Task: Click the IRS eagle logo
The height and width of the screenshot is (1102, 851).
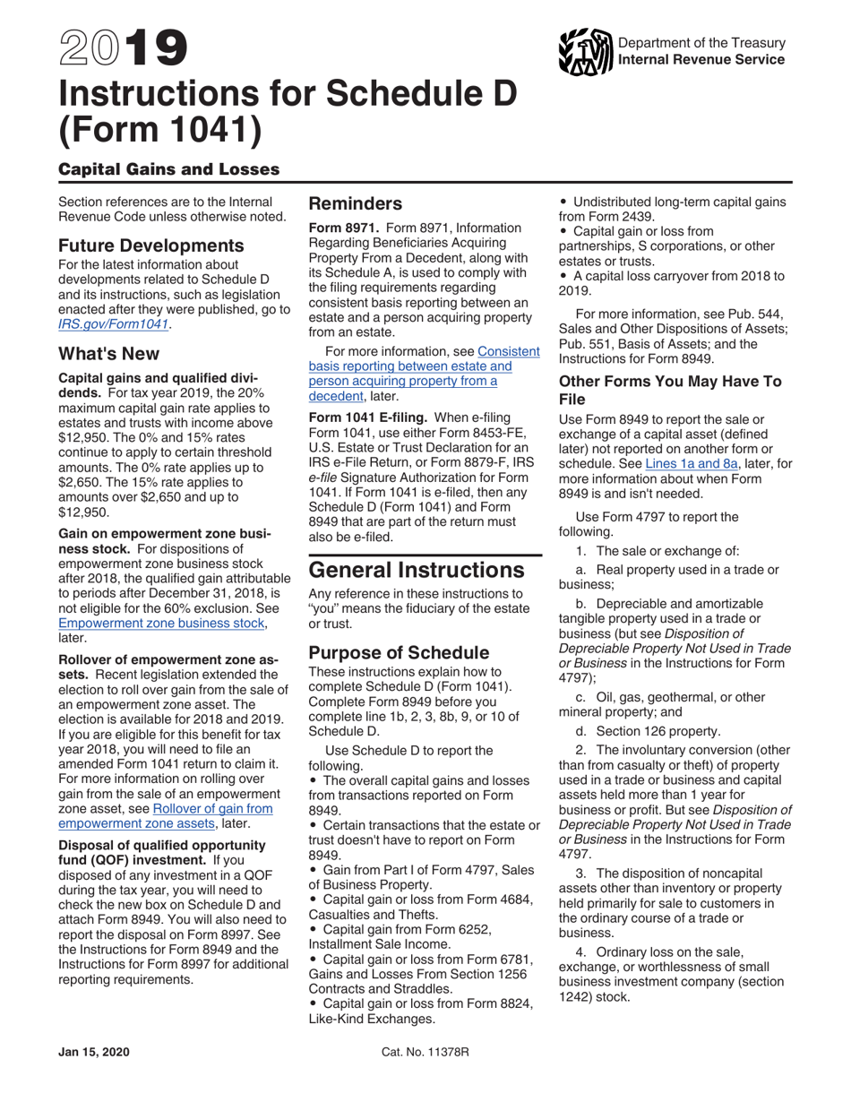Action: pyautogui.click(x=583, y=52)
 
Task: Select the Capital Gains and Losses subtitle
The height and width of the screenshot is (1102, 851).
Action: pyautogui.click(x=168, y=169)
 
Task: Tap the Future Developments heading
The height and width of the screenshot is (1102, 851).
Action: pyautogui.click(x=150, y=245)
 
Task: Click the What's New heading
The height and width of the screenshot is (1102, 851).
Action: pyautogui.click(x=108, y=354)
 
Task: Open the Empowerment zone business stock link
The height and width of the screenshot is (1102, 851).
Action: pyautogui.click(x=162, y=624)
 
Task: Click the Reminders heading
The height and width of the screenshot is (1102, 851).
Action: pyautogui.click(x=356, y=203)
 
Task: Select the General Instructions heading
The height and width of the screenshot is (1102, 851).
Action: pyautogui.click(x=417, y=570)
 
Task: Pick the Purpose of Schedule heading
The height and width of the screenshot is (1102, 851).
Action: pyautogui.click(x=399, y=651)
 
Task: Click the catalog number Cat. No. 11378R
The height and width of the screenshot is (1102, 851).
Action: pyautogui.click(x=425, y=1052)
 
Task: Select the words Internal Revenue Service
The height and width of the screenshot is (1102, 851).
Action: pyautogui.click(x=701, y=59)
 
